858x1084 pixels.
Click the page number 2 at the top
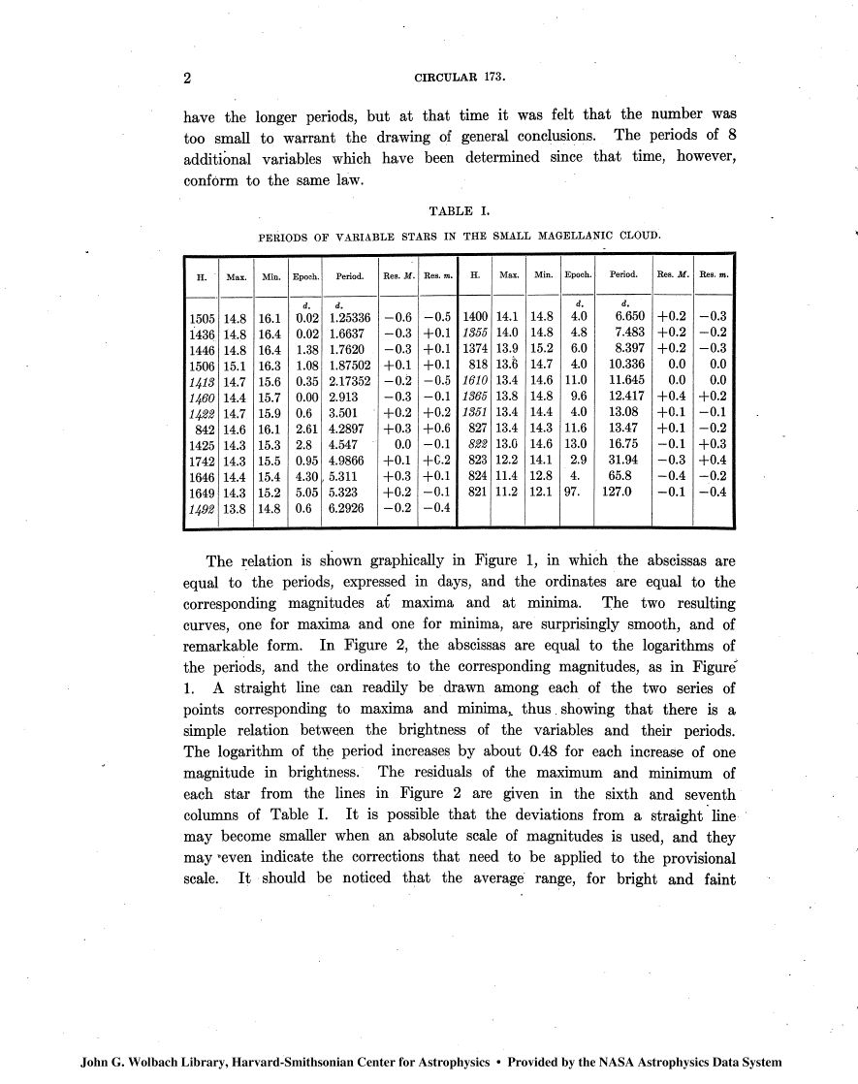[x=188, y=77]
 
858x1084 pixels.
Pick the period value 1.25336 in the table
[x=352, y=316]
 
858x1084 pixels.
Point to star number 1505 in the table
[x=202, y=316]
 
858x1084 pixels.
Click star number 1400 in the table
[x=475, y=316]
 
